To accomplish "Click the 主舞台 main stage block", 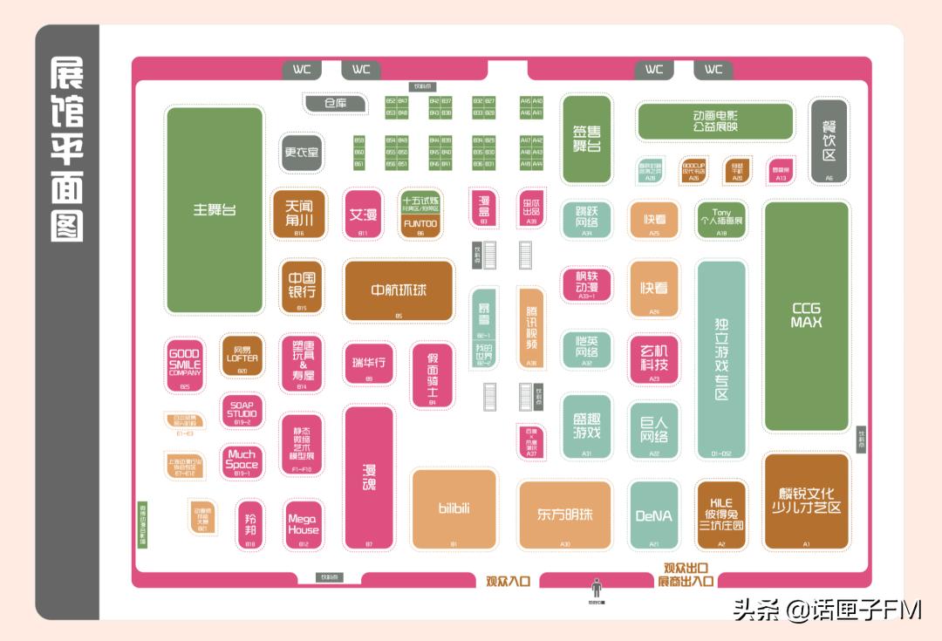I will click(215, 210).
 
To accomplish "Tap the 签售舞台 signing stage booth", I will click(586, 139).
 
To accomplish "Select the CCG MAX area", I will click(807, 316).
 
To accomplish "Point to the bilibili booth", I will click(454, 509).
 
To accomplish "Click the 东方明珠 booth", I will click(564, 515).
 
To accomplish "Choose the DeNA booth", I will click(654, 515).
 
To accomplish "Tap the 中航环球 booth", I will click(399, 290).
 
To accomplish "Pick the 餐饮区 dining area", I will click(829, 140).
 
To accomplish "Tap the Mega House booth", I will click(304, 524).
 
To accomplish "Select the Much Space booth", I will click(242, 460).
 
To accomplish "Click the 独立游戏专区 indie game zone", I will click(721, 359).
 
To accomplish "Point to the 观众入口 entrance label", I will click(508, 581).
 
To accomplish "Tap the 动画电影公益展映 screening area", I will click(715, 121).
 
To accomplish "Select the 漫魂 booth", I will click(369, 477).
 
